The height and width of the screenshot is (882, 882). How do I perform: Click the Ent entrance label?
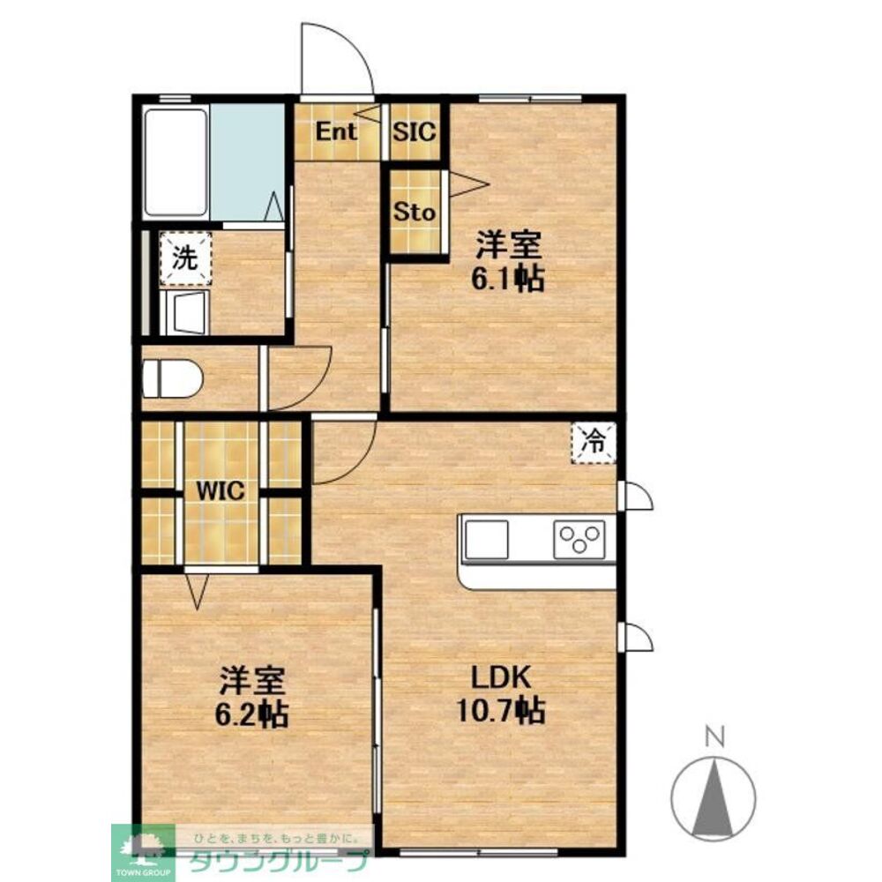335,131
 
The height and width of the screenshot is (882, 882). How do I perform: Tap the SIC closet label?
415,131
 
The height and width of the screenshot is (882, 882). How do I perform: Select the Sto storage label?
415,212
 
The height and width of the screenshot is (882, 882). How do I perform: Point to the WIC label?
220,491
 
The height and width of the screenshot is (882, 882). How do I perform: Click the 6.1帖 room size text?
507,279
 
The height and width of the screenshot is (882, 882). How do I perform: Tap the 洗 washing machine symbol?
185,258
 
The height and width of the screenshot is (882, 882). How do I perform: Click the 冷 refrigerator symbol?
594,442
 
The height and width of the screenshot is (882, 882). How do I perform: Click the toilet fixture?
172,377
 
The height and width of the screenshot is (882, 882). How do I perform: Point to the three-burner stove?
579,540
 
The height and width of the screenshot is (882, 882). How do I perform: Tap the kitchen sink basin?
487,540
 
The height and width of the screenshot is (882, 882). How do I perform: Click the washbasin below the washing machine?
184,313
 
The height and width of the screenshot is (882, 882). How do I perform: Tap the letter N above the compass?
715,736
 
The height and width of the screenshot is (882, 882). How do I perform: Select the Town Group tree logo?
144,846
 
